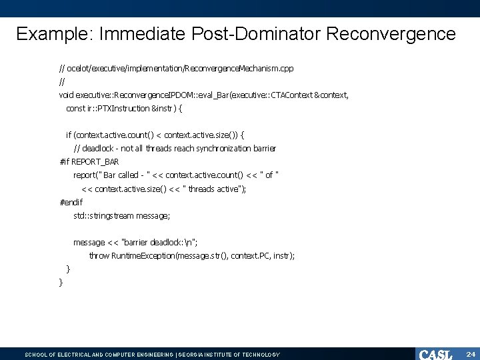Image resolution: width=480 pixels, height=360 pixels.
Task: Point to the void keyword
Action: point(67,95)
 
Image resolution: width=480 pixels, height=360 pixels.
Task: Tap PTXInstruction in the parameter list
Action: point(124,108)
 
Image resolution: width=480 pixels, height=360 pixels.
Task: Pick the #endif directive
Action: point(71,201)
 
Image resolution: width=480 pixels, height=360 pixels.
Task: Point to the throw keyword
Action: point(99,255)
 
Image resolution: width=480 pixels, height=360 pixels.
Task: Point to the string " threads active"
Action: point(212,189)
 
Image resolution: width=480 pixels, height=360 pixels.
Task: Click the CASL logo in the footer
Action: point(435,354)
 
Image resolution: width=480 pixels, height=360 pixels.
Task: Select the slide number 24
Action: point(469,354)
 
